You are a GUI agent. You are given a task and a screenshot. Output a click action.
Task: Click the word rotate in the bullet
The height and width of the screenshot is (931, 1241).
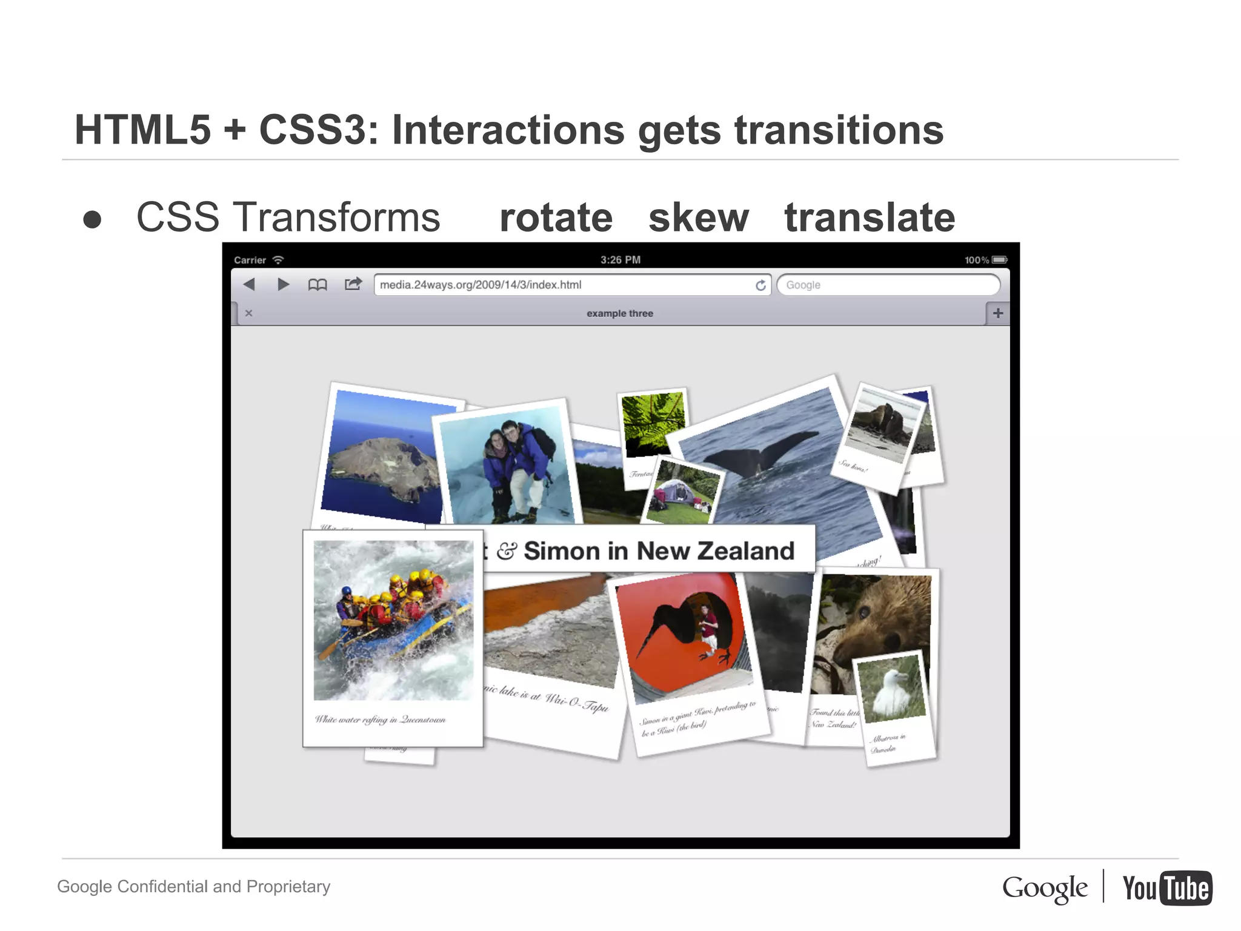point(556,218)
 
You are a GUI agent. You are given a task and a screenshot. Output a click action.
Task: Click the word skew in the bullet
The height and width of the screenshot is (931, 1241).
point(698,218)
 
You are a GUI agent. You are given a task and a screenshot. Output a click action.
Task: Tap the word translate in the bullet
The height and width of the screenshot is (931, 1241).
point(870,218)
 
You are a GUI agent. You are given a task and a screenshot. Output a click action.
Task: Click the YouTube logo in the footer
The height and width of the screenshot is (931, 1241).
point(1166,888)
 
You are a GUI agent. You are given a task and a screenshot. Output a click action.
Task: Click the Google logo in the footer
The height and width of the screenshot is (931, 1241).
point(1044,889)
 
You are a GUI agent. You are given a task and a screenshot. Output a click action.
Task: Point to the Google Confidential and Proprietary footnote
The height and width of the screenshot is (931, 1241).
point(194,886)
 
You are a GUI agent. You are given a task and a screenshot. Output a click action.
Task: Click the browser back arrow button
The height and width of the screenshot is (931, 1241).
point(249,284)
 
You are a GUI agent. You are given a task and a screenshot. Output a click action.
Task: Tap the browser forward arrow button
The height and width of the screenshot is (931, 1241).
point(283,284)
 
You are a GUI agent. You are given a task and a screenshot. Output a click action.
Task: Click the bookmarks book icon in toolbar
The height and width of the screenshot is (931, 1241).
point(318,284)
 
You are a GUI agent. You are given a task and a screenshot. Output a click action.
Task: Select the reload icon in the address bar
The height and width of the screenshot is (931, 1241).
point(760,285)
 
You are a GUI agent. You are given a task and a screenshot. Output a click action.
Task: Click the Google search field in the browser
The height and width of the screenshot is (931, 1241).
point(888,285)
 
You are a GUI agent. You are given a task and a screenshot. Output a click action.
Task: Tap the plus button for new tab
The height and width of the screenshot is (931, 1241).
point(997,313)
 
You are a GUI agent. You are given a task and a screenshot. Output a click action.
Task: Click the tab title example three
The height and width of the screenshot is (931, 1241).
point(619,313)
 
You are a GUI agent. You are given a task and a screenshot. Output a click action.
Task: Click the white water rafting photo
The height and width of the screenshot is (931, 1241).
point(393,620)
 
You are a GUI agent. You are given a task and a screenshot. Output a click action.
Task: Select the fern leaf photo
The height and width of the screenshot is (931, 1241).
point(653,422)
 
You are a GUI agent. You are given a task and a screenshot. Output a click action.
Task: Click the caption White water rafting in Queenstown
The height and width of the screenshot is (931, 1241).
point(380,719)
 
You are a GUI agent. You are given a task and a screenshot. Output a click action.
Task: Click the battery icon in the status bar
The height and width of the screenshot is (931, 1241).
point(999,260)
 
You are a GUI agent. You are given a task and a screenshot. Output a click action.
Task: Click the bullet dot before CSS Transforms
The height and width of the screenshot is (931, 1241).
point(92,219)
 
